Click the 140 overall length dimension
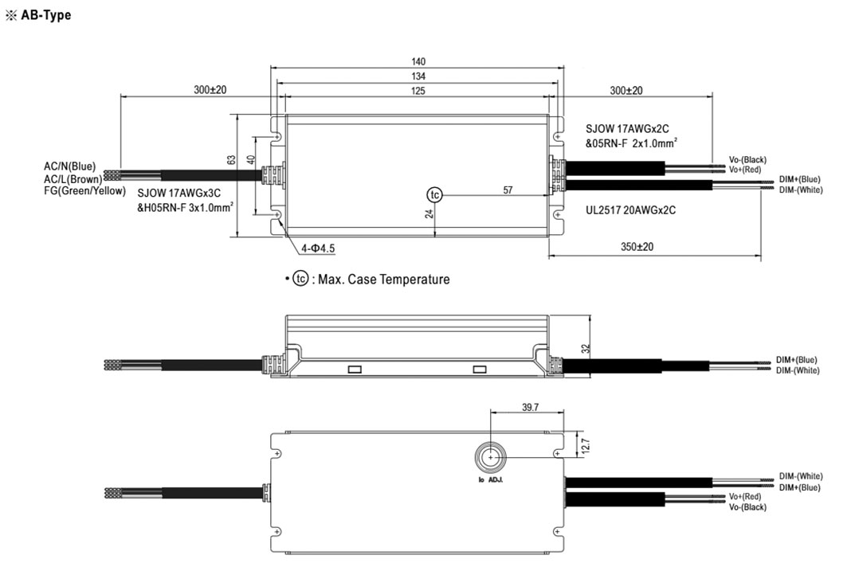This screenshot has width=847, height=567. point(418,61)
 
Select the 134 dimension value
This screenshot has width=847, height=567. point(418,76)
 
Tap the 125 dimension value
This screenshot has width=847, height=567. point(418,91)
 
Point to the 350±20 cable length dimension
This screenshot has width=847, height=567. point(637,247)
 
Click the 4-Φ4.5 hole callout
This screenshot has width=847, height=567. point(318,248)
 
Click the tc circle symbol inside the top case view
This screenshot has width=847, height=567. point(434,195)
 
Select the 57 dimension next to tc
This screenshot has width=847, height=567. point(508,190)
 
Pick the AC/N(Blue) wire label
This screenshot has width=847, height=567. point(69,166)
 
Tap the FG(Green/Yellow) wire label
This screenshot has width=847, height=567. point(84,190)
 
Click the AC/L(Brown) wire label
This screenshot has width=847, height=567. point(73,178)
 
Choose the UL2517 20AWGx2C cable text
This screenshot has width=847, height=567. point(630,210)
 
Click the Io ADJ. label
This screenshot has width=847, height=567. point(491,479)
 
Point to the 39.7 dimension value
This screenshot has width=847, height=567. point(531,407)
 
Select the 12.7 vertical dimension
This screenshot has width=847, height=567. point(586,445)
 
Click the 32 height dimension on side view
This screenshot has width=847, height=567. point(586,349)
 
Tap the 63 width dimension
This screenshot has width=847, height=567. point(231,160)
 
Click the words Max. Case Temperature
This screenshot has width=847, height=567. point(383,280)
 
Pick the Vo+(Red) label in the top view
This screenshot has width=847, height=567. point(745,170)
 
